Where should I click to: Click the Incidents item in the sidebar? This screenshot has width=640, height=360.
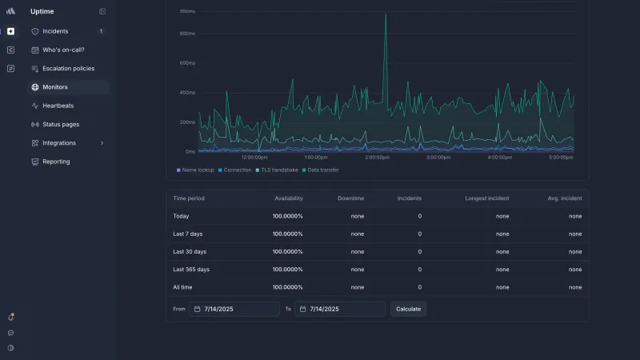55,31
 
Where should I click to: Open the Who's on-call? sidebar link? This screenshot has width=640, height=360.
63,50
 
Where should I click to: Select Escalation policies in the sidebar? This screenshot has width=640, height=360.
68,69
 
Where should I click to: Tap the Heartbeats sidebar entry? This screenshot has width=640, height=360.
58,106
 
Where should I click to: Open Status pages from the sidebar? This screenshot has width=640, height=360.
61,125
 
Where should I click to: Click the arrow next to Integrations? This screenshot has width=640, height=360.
102,143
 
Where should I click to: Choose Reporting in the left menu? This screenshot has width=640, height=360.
56,162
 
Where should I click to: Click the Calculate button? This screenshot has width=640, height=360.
408,309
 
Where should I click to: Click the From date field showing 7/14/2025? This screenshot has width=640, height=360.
234,309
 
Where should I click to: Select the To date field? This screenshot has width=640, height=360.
340,309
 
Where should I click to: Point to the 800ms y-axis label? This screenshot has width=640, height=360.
187,34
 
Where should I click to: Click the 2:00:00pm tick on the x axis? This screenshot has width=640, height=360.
377,157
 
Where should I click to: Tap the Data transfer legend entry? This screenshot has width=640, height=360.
321,170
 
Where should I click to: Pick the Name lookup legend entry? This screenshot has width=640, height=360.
195,170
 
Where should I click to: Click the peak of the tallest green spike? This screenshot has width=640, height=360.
386,14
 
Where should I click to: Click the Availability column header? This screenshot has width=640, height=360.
289,198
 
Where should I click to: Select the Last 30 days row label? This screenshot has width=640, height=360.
190,252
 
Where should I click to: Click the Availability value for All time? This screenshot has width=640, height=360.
288,287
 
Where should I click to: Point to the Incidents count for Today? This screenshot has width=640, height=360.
419,216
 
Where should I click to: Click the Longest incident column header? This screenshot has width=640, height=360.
487,198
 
